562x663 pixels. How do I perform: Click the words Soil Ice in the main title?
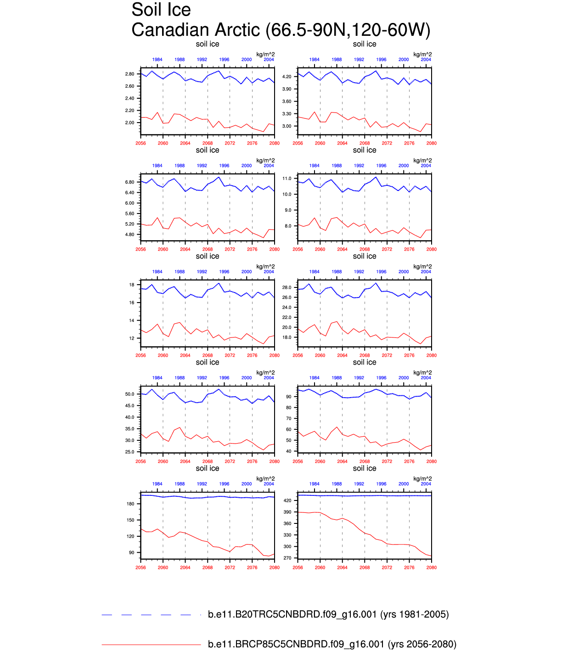(161, 10)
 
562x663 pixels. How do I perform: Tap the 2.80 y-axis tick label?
(129, 74)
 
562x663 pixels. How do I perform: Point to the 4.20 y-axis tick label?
(287, 77)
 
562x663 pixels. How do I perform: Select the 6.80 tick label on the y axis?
(129, 182)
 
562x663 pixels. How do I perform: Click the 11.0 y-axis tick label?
(287, 179)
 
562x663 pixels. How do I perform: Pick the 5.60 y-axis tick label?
(129, 214)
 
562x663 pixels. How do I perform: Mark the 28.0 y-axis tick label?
(287, 287)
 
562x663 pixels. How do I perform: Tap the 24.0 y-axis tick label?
(287, 308)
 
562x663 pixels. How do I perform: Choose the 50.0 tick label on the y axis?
(129, 394)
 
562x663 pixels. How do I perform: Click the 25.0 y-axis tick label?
(129, 452)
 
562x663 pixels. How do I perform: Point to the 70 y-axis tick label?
(289, 419)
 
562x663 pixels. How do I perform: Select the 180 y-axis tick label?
(130, 504)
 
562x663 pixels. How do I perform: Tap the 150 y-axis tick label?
(130, 520)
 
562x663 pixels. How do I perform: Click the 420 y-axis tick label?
(288, 500)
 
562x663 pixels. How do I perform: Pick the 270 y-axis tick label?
(288, 558)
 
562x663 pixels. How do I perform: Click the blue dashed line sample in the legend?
(146, 615)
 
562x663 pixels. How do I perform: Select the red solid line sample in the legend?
(151, 645)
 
